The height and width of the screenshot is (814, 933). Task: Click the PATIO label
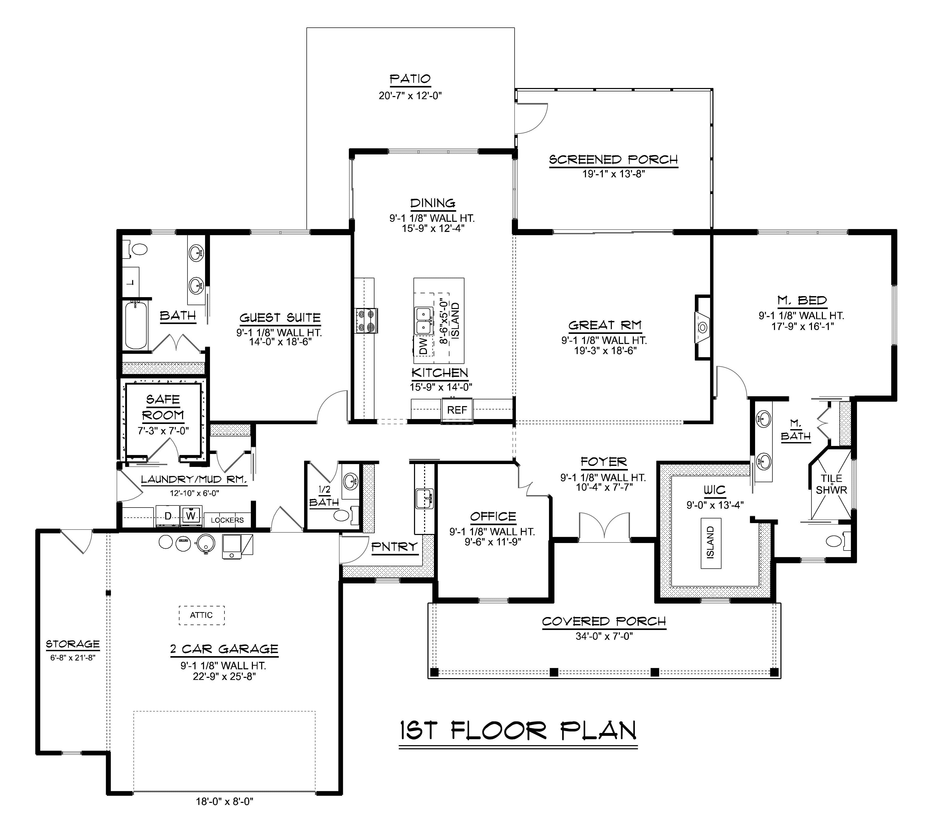click(410, 79)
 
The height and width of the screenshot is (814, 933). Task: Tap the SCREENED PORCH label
click(614, 160)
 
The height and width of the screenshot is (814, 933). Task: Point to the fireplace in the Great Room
click(703, 327)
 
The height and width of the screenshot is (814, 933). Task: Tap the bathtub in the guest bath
click(136, 325)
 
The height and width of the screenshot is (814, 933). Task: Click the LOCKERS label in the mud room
click(227, 520)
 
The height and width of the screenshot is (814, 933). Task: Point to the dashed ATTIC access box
click(201, 615)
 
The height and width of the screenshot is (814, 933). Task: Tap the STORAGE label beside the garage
click(73, 644)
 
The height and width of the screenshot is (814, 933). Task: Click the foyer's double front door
click(604, 527)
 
